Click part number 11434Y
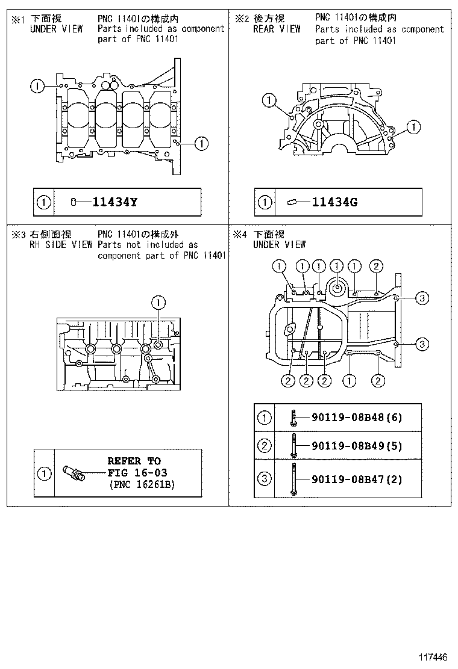[x=114, y=202]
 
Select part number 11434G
[x=334, y=202]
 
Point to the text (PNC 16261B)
[x=141, y=484]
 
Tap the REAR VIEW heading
[x=276, y=29]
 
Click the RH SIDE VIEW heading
[x=61, y=245]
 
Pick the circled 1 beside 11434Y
[x=43, y=202]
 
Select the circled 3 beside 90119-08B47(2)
[x=264, y=479]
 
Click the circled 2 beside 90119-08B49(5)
[x=264, y=446]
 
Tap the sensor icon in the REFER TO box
[x=74, y=473]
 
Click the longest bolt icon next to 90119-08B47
[x=293, y=479]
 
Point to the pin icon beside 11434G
[x=293, y=202]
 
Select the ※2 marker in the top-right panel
[x=241, y=19]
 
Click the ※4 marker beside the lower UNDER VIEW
[x=241, y=235]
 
